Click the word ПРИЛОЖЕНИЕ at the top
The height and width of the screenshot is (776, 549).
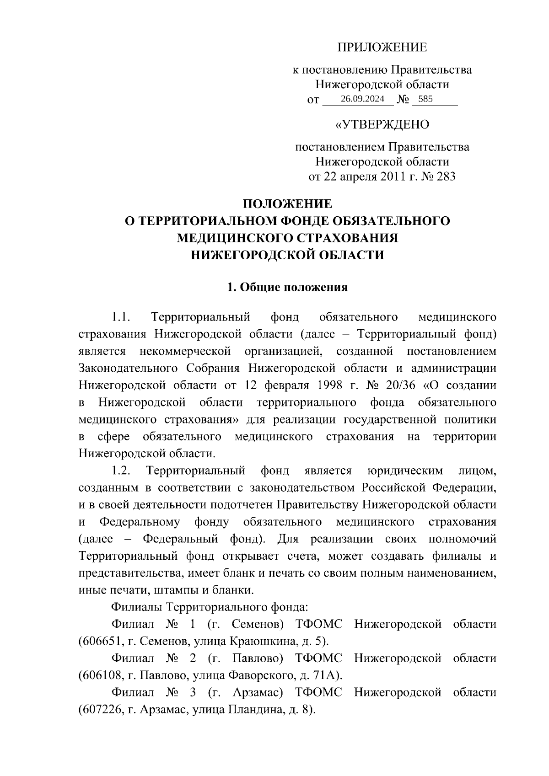click(x=382, y=47)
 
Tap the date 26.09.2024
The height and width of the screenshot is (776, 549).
click(x=359, y=99)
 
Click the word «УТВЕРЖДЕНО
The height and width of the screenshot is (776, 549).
click(x=382, y=124)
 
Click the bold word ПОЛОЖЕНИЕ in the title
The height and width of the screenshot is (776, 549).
click(x=287, y=204)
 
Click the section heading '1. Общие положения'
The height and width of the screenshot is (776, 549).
click(x=287, y=287)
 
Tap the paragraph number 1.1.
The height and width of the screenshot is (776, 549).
click(x=122, y=317)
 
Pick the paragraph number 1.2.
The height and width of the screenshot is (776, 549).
click(x=122, y=471)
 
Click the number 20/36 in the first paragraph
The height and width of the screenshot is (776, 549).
click(x=400, y=385)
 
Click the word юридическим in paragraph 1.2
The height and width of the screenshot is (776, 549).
click(x=405, y=471)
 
